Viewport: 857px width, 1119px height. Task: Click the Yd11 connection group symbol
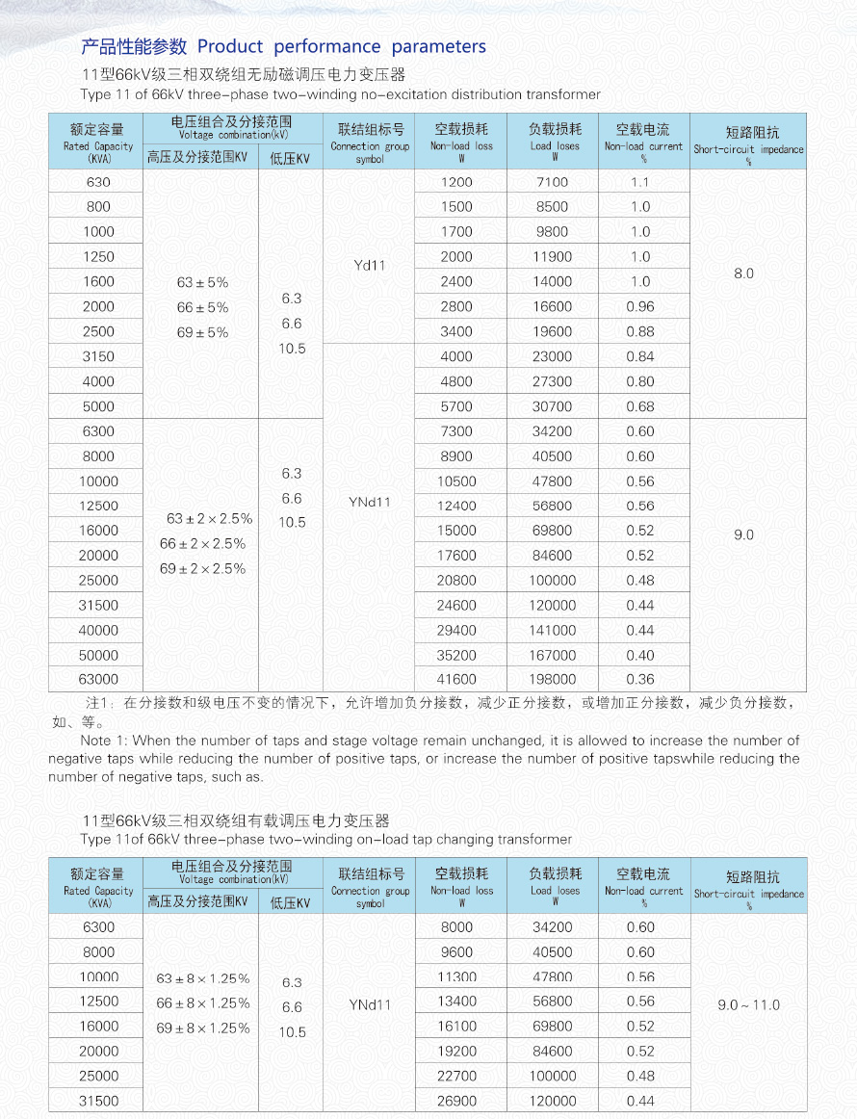(370, 265)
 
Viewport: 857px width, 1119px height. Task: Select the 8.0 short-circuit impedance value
(743, 273)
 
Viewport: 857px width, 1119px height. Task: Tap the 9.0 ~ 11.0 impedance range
(748, 1004)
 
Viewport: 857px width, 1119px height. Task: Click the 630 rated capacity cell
(98, 182)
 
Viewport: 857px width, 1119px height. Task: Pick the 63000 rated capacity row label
(98, 679)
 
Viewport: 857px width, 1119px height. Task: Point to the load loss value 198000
(552, 679)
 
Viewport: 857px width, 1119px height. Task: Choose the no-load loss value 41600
(456, 679)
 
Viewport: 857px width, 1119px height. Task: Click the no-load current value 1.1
(640, 182)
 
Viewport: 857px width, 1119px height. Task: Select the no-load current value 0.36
(640, 679)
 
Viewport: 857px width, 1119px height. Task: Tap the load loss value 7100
(552, 182)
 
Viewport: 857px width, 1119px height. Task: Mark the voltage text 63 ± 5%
(202, 283)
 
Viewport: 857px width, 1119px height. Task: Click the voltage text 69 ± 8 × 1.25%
(202, 1028)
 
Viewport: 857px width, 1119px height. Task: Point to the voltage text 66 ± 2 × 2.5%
(202, 544)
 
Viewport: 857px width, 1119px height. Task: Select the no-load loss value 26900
(456, 1101)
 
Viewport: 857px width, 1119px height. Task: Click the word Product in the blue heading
(230, 47)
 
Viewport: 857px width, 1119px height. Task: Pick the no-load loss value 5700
(456, 406)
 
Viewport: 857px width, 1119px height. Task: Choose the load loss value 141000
(552, 630)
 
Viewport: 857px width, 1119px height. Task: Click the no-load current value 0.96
(640, 306)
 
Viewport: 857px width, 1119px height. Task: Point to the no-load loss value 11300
(456, 977)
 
